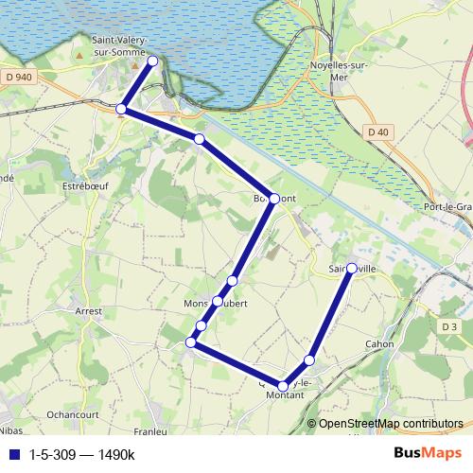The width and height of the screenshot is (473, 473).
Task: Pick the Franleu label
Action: [150, 432]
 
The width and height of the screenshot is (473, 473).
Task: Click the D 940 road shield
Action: [17, 76]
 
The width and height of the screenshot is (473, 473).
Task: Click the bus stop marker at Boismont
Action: [273, 199]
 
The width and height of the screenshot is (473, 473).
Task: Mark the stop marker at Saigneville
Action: [351, 269]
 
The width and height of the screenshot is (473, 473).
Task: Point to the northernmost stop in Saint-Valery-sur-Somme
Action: [153, 61]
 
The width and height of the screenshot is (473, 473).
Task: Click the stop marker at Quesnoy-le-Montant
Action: [283, 386]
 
